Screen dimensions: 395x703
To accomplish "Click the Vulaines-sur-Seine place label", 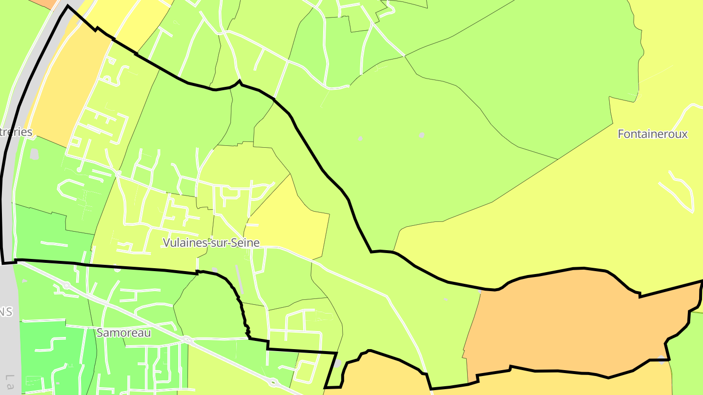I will tap(211, 242).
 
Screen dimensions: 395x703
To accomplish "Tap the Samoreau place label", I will tap(124, 333).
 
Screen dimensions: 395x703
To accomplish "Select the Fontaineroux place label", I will tap(652, 134).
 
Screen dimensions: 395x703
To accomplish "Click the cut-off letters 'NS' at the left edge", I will tap(6, 312).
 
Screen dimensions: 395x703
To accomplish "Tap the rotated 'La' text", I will tap(9, 383).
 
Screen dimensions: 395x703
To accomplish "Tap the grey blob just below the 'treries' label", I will tap(34, 155).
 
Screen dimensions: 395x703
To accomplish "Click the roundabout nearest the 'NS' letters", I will tap(66, 285).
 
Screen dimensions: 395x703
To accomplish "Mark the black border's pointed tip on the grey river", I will tap(67, 6).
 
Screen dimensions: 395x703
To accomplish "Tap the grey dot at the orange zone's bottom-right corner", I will tap(662, 359).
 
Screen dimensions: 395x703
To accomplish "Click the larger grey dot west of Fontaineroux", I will tap(422, 135).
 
